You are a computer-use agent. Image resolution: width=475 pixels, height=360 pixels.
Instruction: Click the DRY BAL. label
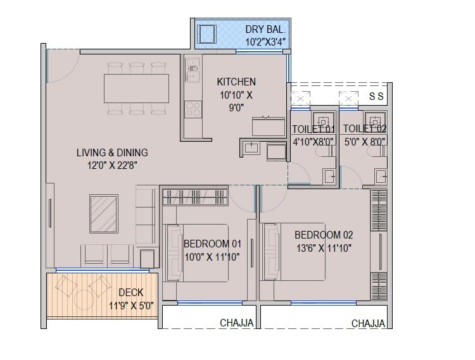pyautogui.click(x=266, y=29)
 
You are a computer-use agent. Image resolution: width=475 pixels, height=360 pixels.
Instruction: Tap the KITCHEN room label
pyautogui.click(x=236, y=82)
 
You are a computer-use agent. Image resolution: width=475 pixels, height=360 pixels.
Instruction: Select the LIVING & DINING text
pyautogui.click(x=112, y=152)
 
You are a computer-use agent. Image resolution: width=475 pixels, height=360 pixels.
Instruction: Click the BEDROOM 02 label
pyautogui.click(x=323, y=235)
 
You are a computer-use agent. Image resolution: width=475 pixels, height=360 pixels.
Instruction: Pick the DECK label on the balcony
pyautogui.click(x=131, y=292)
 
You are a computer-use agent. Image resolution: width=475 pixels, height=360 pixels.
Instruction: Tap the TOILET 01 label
pyautogui.click(x=312, y=129)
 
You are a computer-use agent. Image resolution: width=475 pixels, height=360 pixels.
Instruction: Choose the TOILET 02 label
pyautogui.click(x=365, y=129)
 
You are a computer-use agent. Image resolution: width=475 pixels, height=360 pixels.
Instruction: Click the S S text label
pyautogui.click(x=376, y=96)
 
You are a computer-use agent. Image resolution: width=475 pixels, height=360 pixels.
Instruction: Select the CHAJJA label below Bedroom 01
pyautogui.click(x=237, y=323)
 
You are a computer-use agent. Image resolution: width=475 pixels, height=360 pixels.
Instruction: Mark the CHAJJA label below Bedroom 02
pyautogui.click(x=368, y=323)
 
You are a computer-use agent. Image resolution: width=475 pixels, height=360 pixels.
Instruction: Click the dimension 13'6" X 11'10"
pyautogui.click(x=323, y=248)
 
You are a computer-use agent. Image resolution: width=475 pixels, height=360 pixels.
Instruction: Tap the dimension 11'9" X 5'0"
pyautogui.click(x=130, y=306)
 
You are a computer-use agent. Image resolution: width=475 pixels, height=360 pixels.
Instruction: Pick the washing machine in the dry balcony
pyautogui.click(x=208, y=33)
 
